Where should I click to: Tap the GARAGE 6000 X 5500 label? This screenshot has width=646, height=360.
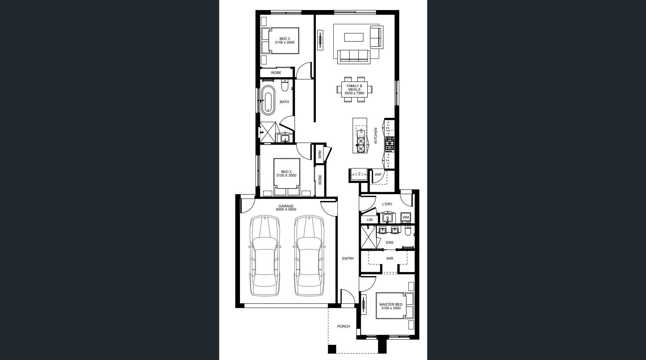286,208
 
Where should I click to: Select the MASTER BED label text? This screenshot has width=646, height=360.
391,304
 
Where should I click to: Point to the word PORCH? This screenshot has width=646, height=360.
343,326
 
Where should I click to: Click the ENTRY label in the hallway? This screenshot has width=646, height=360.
348,259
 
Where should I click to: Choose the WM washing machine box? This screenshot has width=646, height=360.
406,217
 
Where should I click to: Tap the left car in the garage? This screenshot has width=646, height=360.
265,256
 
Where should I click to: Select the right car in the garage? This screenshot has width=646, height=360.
309,256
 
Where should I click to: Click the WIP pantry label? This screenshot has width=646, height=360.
378,174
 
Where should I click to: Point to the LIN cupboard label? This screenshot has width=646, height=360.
370,220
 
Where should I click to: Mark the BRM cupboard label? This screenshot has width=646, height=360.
319,154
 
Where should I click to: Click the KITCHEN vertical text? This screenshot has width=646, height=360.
375,135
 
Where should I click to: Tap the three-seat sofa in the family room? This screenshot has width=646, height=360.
354,57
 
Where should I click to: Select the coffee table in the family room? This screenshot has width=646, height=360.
354,37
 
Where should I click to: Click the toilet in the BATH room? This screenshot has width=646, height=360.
285,86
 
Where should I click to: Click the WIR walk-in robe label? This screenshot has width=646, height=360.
390,259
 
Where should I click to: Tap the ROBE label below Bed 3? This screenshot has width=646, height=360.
276,72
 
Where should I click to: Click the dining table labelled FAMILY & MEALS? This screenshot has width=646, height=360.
355,90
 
